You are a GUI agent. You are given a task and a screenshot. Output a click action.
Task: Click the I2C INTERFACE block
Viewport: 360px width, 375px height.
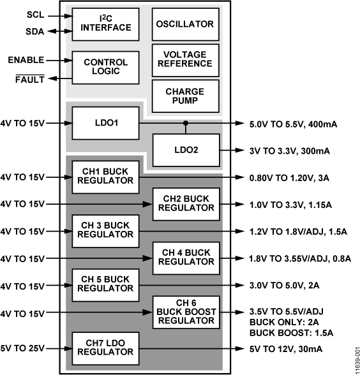click(x=105, y=23)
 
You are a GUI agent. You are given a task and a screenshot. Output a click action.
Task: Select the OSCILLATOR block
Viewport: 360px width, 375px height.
click(x=185, y=24)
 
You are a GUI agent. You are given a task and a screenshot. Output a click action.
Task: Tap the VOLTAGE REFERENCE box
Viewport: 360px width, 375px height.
click(x=185, y=59)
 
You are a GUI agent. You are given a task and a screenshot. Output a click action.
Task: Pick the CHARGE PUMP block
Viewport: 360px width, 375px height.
click(x=185, y=96)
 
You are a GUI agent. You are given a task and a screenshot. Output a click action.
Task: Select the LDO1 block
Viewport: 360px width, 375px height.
click(x=105, y=123)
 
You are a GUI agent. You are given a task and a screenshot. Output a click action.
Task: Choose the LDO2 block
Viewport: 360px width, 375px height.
click(x=185, y=151)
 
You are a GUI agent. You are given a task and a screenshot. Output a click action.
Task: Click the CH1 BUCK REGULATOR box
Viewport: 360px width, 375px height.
click(x=105, y=176)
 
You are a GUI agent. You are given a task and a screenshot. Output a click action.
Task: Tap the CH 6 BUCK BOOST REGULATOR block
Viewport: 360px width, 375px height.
click(x=185, y=312)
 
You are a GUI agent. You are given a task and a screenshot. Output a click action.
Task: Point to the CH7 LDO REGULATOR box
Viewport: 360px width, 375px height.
click(x=105, y=348)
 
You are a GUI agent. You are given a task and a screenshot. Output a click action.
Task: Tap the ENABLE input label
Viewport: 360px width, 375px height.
click(x=26, y=60)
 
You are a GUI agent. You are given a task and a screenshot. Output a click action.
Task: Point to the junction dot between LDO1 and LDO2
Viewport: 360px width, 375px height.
click(x=185, y=123)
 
